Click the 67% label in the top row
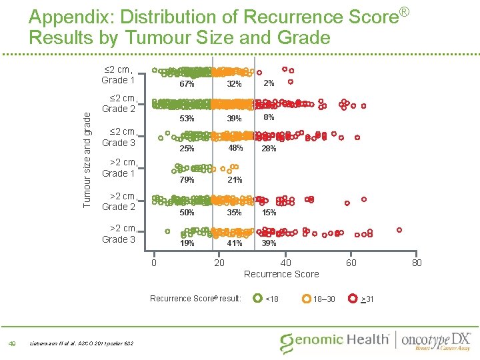pos(187,85)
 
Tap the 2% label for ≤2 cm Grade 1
pos(268,83)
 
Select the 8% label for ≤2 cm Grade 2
pos(269,117)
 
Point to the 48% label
pos(234,148)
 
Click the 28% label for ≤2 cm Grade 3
pos(269,149)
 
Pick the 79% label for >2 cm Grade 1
pos(187,180)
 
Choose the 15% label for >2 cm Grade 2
pos(269,213)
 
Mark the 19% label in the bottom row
pos(187,243)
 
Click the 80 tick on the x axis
pos(417,263)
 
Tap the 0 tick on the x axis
pos(153,263)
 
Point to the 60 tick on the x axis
pos(351,263)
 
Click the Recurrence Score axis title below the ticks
pos(281,274)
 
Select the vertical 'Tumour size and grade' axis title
pos(86,157)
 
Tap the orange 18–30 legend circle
pos(307,298)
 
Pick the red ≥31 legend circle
pos(353,298)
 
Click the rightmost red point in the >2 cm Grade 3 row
pos(399,229)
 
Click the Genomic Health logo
pos(335,340)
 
